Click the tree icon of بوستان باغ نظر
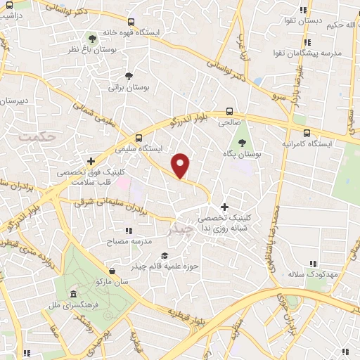[x=91, y=37]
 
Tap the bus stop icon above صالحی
[x=229, y=110]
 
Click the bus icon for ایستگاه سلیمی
[x=139, y=138]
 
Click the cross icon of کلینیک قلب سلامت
[x=91, y=161]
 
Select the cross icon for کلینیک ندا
[x=224, y=207]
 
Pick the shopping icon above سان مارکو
[x=112, y=270]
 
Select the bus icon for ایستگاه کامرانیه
[x=304, y=131]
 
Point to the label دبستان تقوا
[x=321, y=21]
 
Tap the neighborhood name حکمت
[x=37, y=136]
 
